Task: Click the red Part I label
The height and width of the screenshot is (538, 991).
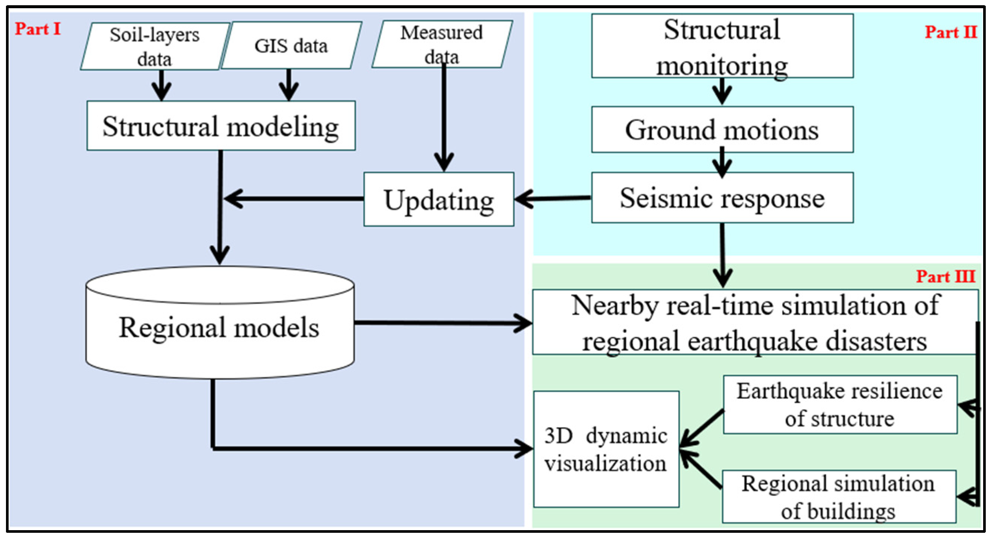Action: [38, 29]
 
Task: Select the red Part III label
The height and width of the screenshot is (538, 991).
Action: [946, 276]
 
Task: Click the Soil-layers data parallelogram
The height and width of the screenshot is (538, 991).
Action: [155, 46]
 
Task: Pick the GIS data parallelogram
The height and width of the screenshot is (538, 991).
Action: [291, 45]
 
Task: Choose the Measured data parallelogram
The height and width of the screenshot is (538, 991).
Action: [442, 44]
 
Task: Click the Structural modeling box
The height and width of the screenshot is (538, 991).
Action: [221, 126]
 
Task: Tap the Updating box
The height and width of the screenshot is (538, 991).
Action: [439, 199]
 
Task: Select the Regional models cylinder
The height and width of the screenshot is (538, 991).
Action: [220, 323]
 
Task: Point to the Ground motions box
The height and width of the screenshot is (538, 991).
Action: [722, 130]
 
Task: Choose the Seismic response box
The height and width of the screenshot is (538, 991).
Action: [722, 198]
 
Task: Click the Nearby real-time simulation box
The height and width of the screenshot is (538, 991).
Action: [755, 322]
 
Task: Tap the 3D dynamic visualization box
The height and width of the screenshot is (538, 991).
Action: [606, 449]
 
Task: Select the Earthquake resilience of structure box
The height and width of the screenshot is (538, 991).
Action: [840, 405]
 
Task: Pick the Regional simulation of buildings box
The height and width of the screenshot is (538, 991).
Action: [839, 497]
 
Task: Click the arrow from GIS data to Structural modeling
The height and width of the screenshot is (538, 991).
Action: [289, 85]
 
